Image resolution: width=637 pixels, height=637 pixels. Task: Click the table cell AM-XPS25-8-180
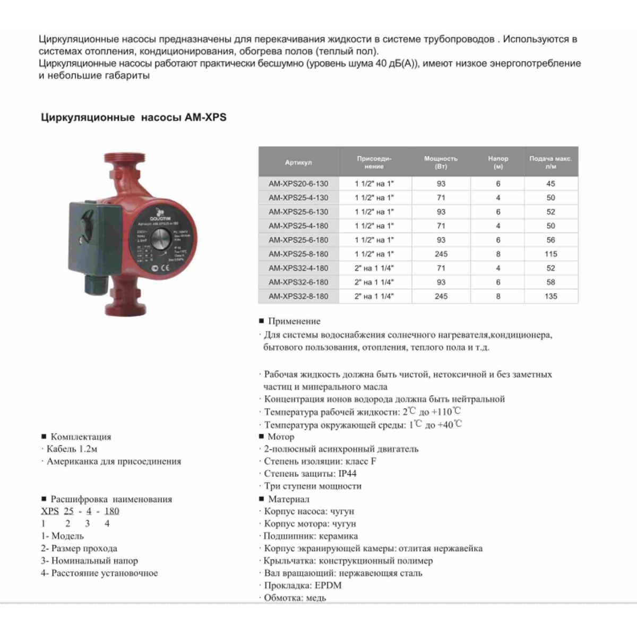pos(298,254)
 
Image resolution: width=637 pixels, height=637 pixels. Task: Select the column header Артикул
pos(298,162)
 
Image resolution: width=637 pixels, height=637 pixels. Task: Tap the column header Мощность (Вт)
pos(441,162)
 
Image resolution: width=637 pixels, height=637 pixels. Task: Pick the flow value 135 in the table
pos(550,296)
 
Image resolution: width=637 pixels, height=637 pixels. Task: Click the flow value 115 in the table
pos(550,254)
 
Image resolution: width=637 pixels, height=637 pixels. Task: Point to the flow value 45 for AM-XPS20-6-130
pos(550,184)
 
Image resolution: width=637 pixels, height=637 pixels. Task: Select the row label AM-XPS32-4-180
pos(298,268)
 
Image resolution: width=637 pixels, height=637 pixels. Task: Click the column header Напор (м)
pos(498,162)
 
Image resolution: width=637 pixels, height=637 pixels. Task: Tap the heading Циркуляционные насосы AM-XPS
pos(133,117)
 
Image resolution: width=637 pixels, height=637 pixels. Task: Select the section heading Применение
pos(294,321)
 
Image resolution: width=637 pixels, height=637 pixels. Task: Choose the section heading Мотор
pos(281,437)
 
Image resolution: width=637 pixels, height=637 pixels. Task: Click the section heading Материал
pos(289,499)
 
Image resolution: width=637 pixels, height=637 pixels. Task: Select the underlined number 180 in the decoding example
pos(111,511)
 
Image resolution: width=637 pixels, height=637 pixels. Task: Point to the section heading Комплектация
pos(81,437)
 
